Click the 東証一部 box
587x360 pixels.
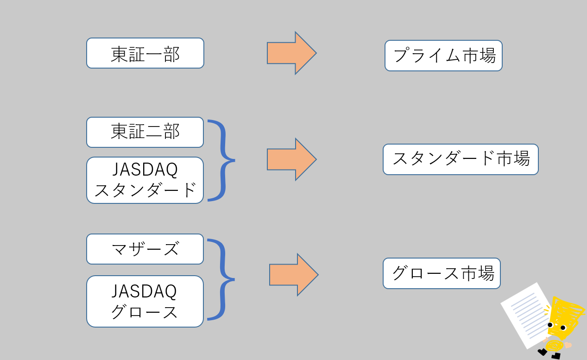point(145,53)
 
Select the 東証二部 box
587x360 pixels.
point(145,133)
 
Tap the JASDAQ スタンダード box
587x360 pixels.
point(145,180)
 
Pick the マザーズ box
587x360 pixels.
point(145,249)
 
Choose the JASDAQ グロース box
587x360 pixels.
point(145,301)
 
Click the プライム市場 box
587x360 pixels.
point(443,56)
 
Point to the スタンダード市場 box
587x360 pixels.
point(461,159)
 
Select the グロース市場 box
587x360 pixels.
point(442,273)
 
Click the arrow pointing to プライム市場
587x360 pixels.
point(292,53)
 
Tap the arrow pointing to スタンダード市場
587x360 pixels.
point(292,159)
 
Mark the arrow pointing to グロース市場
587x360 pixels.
point(294,275)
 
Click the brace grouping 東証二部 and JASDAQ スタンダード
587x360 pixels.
point(224,160)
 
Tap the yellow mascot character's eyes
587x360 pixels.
point(556,327)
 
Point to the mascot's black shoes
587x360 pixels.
point(549,354)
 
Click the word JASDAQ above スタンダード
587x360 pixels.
point(145,170)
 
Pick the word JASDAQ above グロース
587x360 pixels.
point(144,291)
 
